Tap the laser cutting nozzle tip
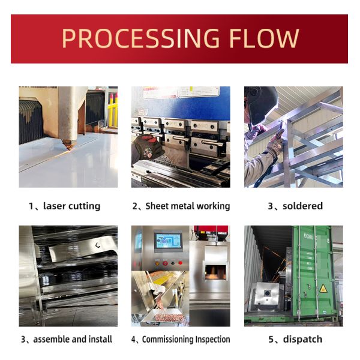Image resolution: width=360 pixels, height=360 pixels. tap(67, 145)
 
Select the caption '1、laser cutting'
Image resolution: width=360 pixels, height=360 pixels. tap(64, 206)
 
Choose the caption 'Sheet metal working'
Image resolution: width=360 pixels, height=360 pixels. tap(187, 206)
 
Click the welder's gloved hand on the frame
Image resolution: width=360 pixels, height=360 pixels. tap(275, 144)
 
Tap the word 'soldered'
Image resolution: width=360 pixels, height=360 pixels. tap(303, 206)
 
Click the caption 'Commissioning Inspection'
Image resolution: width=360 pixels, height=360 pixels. tap(185, 340)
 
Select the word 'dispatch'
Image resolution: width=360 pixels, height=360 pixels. tap(303, 340)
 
